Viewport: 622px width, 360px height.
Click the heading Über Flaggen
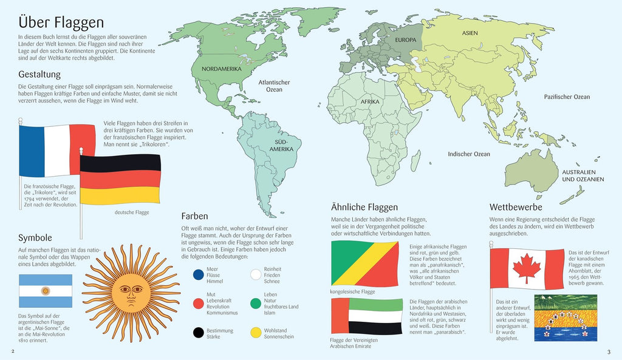point(61,23)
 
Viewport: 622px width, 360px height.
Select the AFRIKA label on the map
point(369,102)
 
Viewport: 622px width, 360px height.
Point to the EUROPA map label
point(406,40)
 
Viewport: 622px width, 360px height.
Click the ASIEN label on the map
point(470,33)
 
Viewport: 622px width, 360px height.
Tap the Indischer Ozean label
point(468,154)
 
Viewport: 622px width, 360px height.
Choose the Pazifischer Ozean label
point(566,97)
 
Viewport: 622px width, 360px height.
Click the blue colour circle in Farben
point(197,275)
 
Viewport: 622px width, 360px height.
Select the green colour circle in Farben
point(256,303)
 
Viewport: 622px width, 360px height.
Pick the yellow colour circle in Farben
point(256,332)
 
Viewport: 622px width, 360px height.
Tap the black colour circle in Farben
point(197,332)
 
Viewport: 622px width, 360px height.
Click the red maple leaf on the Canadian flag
point(526,268)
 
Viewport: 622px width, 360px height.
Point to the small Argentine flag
point(46,291)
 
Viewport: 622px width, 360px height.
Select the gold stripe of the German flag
point(120,195)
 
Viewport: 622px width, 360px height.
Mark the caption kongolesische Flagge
point(354,292)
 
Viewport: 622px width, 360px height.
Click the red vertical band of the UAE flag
point(340,316)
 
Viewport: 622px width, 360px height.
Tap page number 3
point(609,352)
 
